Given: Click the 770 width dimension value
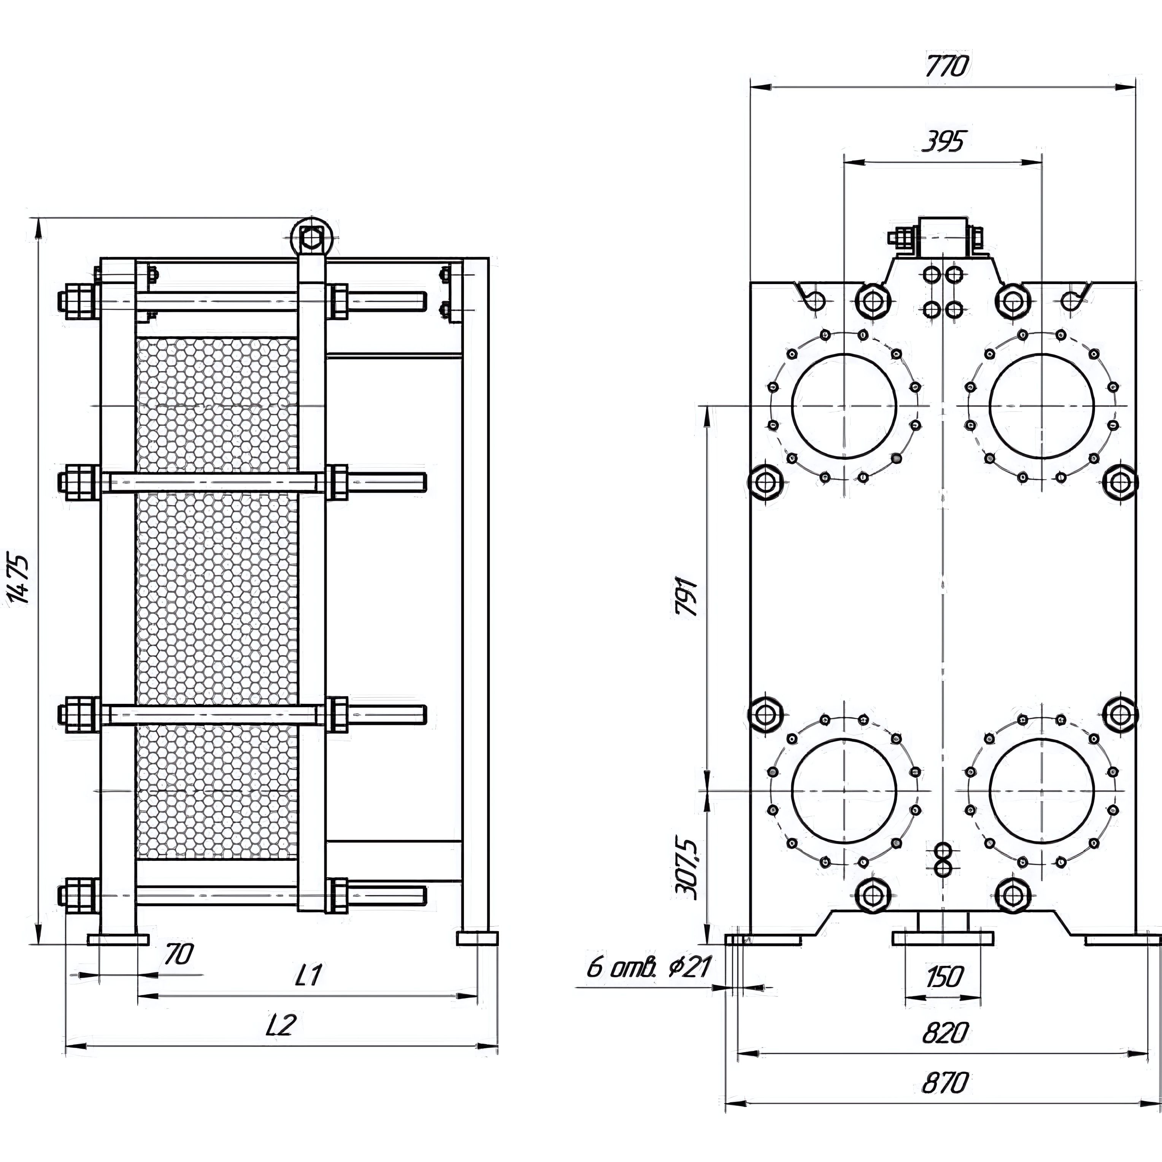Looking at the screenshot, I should click(947, 66).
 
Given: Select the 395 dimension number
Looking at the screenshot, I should click(943, 142).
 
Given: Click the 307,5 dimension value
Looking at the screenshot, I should click(687, 868).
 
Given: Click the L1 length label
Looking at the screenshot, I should click(309, 976).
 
